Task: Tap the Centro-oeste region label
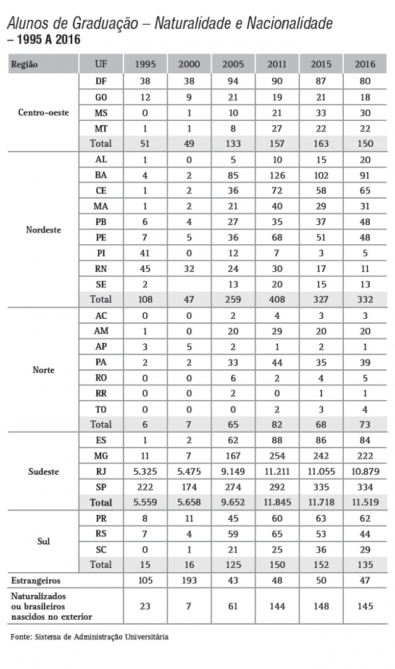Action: pos(43,113)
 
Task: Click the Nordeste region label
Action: pos(43,229)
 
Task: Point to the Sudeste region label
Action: pos(43,472)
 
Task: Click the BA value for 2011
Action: pos(277,174)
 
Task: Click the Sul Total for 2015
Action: pos(321,564)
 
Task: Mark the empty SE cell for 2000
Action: pos(189,284)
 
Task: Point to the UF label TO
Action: pos(101,409)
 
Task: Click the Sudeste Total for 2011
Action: pos(277,503)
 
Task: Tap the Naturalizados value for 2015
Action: pos(321,606)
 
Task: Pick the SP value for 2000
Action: pos(189,487)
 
